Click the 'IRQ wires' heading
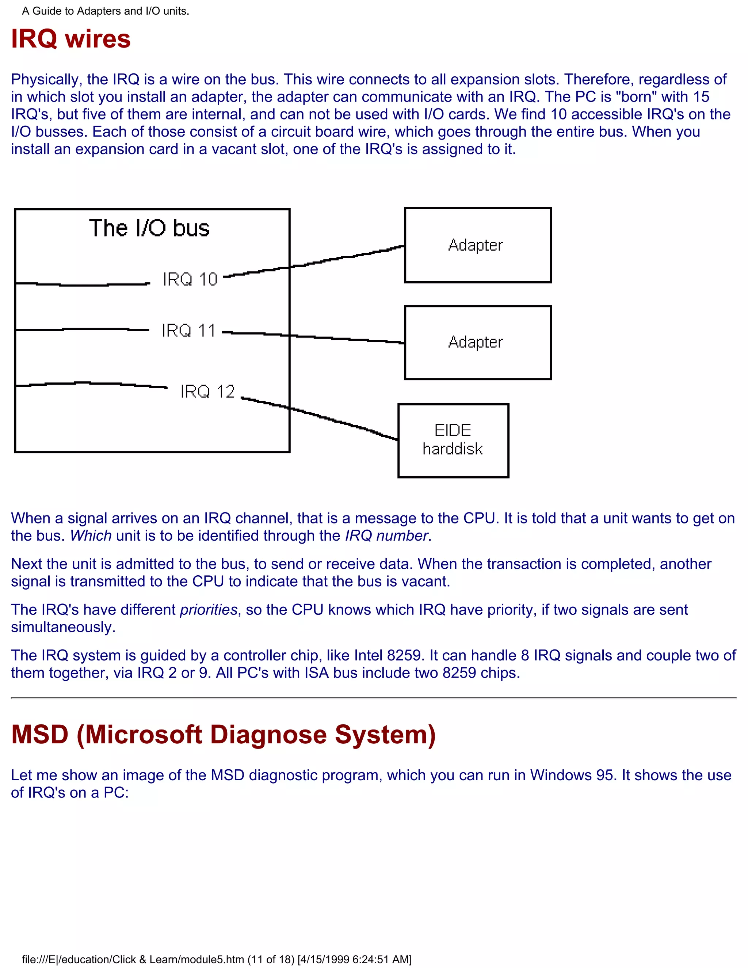(71, 39)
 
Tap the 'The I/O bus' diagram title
(149, 228)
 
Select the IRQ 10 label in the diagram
(190, 279)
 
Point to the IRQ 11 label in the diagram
(188, 331)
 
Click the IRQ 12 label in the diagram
(207, 391)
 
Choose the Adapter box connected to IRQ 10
(478, 245)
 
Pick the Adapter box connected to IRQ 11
(478, 342)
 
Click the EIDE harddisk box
(453, 440)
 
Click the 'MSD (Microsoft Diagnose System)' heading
(223, 735)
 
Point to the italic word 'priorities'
(209, 610)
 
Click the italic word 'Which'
(91, 536)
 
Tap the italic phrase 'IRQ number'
(386, 536)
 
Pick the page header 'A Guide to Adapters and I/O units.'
(106, 11)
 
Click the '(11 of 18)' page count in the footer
(271, 960)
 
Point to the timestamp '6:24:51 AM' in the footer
(380, 960)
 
